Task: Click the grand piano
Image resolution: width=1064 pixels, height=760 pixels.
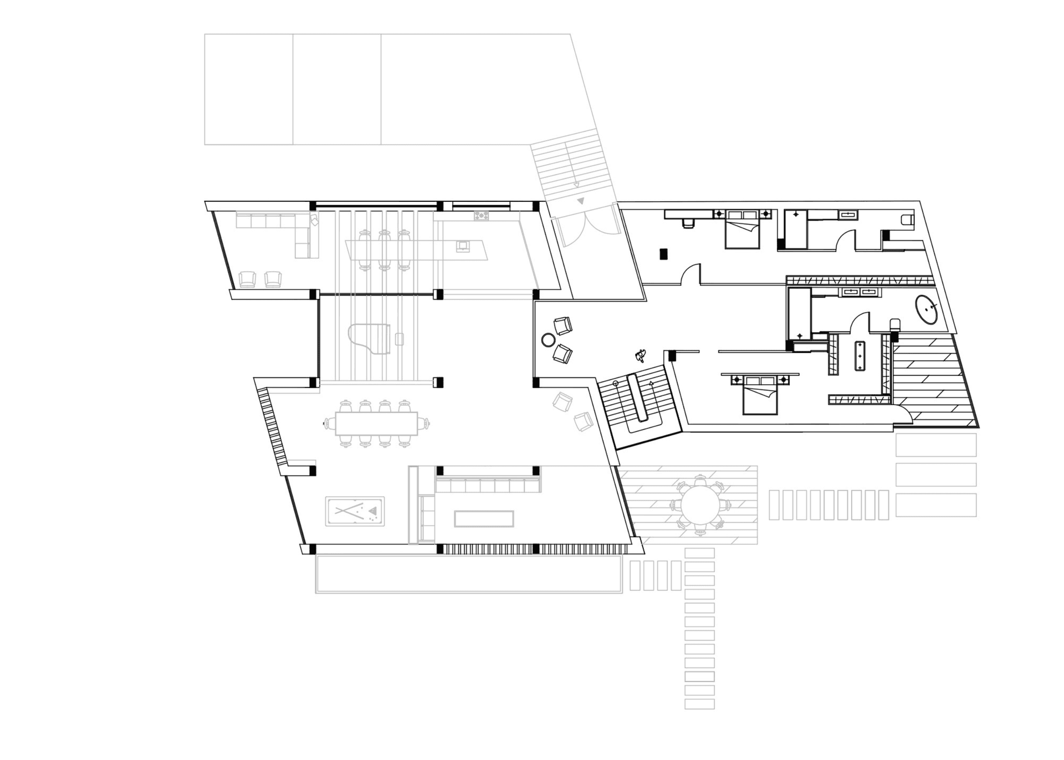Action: coord(369,339)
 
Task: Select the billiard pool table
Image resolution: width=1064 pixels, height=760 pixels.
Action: coord(355,511)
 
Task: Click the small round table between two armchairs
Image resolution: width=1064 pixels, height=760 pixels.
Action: coord(548,340)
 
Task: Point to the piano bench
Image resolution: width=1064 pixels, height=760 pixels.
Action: coord(400,339)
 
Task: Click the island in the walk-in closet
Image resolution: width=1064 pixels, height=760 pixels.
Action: coord(860,355)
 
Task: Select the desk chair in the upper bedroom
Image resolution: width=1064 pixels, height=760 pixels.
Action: coord(688,223)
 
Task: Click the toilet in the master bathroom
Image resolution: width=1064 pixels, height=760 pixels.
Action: coord(894,325)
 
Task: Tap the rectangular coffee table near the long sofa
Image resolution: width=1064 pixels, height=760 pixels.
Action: coord(484,519)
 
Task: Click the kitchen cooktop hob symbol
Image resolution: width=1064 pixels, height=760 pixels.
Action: coord(481,215)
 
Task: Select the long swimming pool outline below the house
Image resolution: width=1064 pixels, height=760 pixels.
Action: coord(468,574)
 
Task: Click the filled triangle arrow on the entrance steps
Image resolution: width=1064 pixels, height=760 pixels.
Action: coord(580,201)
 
